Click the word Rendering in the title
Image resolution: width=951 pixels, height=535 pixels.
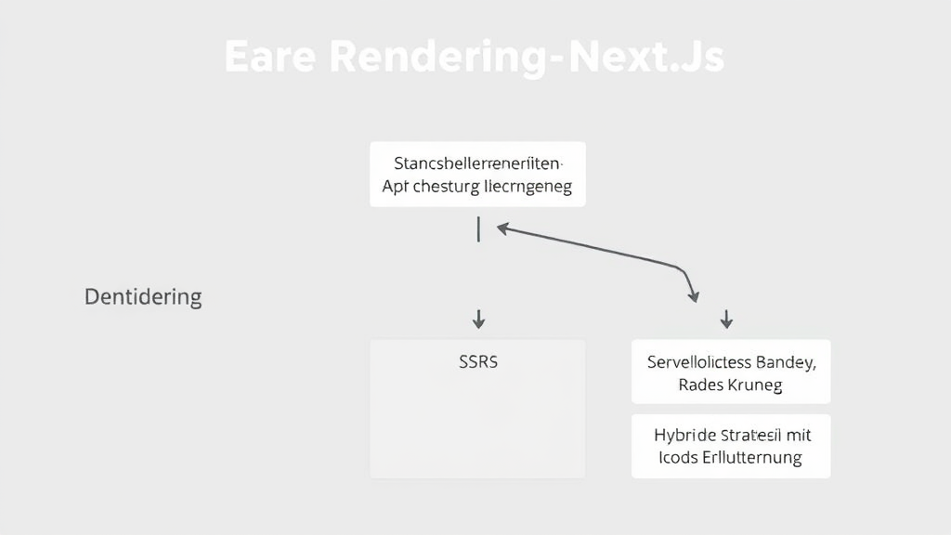click(431, 58)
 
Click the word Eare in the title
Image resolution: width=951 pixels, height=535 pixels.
click(272, 58)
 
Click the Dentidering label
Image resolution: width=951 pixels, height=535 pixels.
click(143, 297)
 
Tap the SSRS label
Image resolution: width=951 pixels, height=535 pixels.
click(478, 362)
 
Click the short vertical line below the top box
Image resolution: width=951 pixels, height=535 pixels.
click(478, 229)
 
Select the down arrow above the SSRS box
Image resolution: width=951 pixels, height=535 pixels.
click(478, 320)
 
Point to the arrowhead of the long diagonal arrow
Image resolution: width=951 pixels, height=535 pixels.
click(502, 226)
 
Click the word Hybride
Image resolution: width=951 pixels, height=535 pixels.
click(685, 435)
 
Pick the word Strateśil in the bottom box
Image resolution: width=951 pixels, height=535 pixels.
click(754, 435)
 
